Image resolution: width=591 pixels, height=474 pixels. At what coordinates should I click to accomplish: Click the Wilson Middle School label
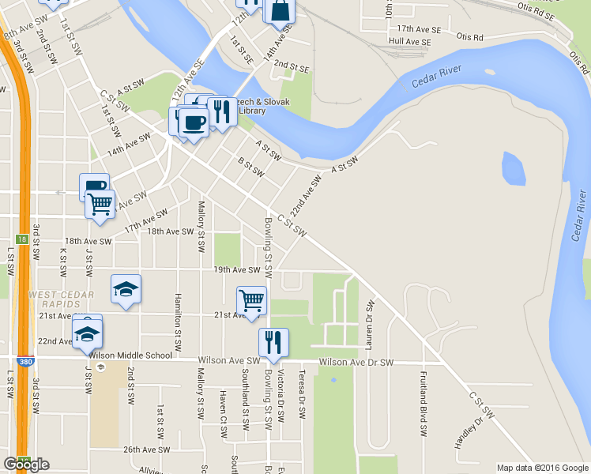(x=130, y=355)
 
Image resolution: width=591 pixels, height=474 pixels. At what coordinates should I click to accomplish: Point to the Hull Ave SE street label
(x=409, y=41)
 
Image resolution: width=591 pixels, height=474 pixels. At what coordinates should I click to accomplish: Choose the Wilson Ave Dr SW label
(x=356, y=363)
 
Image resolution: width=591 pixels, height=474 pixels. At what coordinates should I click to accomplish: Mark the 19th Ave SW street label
(x=236, y=270)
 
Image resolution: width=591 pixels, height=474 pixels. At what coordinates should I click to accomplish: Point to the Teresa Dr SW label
(x=301, y=392)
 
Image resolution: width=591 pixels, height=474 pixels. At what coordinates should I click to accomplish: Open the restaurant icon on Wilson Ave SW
(x=273, y=343)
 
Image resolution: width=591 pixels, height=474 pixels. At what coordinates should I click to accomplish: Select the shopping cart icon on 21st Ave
(x=251, y=300)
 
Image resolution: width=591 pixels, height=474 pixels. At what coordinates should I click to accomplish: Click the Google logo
(x=26, y=465)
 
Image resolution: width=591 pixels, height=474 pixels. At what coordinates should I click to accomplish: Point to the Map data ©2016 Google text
(x=542, y=468)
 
